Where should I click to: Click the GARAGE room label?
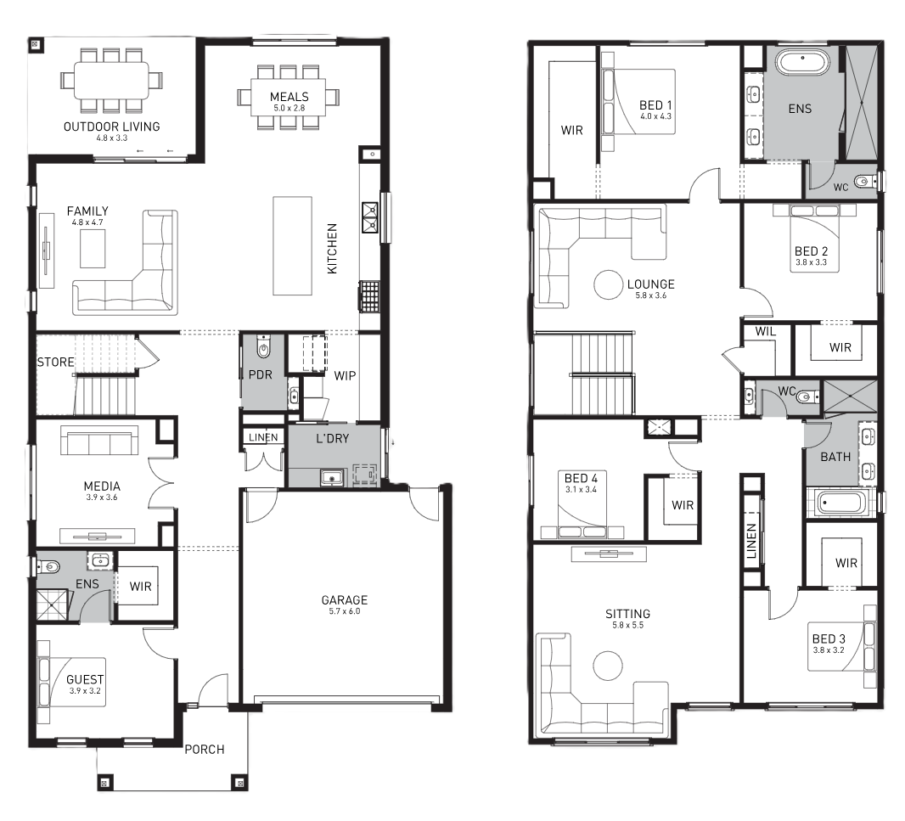[345, 600]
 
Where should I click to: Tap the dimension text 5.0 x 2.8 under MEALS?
[289, 108]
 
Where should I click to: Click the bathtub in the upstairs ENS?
[801, 62]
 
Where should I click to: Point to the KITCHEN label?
[332, 249]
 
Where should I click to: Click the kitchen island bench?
[292, 246]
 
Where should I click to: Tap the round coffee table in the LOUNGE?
[609, 284]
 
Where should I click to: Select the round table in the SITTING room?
[609, 666]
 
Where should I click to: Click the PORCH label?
[205, 750]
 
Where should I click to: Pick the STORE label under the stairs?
[55, 362]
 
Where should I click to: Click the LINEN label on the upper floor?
[751, 541]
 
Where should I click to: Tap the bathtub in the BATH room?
[841, 503]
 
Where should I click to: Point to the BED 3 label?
[829, 638]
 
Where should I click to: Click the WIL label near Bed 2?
[765, 331]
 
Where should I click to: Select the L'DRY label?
[333, 438]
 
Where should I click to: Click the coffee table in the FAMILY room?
[93, 248]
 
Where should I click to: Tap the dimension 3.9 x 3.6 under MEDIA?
[102, 498]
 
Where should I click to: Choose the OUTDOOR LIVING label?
[111, 127]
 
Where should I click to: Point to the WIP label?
[345, 375]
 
